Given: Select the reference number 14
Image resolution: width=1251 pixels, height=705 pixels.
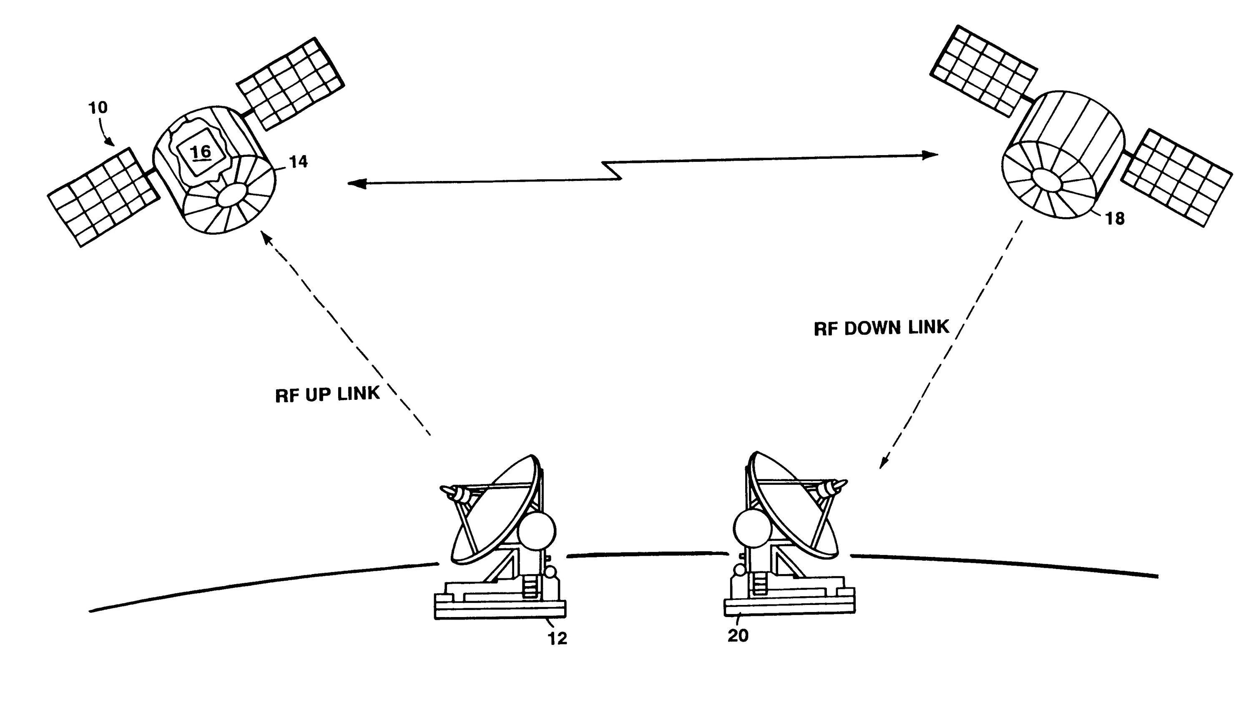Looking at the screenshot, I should [298, 162].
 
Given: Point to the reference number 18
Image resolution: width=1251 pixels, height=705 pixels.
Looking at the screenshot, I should [1115, 219].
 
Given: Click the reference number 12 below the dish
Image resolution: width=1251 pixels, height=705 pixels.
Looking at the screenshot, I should [558, 638].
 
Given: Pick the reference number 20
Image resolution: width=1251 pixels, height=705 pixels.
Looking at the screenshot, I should [738, 635].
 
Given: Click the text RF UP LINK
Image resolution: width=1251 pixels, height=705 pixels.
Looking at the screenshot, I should [327, 394].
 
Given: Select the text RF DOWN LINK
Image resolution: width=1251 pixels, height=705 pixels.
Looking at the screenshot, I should [881, 328].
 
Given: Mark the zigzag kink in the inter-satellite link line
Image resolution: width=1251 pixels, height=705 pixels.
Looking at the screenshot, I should [612, 171].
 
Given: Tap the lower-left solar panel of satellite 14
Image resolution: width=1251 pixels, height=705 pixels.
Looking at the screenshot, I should [103, 197].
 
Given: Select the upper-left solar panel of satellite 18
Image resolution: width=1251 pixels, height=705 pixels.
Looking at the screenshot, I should [983, 71].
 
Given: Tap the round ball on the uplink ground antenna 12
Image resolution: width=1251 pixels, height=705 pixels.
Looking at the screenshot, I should [537, 531].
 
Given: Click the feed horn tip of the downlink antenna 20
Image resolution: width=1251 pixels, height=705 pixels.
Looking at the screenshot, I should [842, 484].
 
